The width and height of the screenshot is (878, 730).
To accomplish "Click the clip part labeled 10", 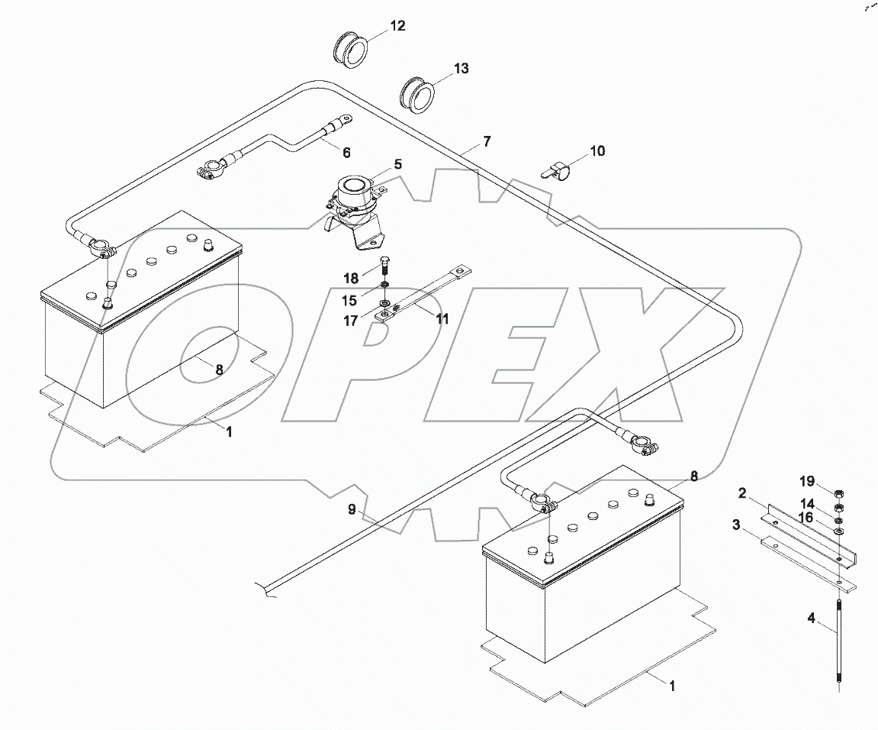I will coord(555,170).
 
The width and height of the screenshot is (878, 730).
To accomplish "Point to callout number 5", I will coord(398,164).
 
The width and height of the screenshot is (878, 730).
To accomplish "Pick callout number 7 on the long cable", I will coord(487,141).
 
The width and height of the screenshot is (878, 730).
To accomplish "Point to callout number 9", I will coord(352,509).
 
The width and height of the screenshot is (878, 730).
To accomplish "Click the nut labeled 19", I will coord(837,492).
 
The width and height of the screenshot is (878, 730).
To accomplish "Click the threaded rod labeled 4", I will coord(839,641).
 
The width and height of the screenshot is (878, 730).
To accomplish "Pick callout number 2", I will coord(741,494).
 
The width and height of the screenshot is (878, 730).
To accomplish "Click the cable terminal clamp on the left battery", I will coord(99,248).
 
